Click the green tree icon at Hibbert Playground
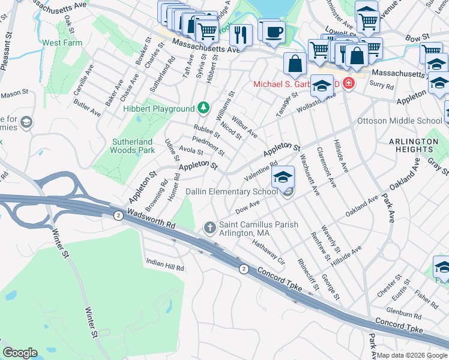[204, 108]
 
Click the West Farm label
[62, 43]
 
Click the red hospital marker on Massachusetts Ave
[349, 84]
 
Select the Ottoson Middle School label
[399, 121]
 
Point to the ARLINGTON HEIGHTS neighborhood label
[414, 146]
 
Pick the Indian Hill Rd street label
[165, 263]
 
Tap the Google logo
[19, 353]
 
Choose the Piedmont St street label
[208, 145]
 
